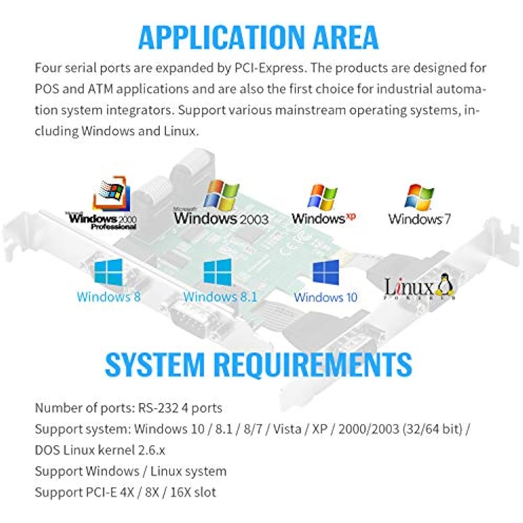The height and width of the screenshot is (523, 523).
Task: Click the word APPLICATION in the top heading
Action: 222,37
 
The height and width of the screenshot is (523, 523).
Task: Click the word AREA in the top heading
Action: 346,37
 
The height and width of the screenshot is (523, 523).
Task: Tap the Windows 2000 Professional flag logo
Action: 111,193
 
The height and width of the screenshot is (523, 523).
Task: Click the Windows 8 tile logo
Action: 108,272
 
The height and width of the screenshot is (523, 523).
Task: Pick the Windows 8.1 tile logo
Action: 218,272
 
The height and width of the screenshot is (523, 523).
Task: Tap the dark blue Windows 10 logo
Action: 326,272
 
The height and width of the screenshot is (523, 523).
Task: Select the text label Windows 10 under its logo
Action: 325,297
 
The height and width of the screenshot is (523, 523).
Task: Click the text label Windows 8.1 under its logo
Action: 221,297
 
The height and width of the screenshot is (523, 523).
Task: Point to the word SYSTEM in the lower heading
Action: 155,364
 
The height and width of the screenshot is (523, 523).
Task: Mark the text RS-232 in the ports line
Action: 158,408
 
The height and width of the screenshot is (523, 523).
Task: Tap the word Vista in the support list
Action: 287,429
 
